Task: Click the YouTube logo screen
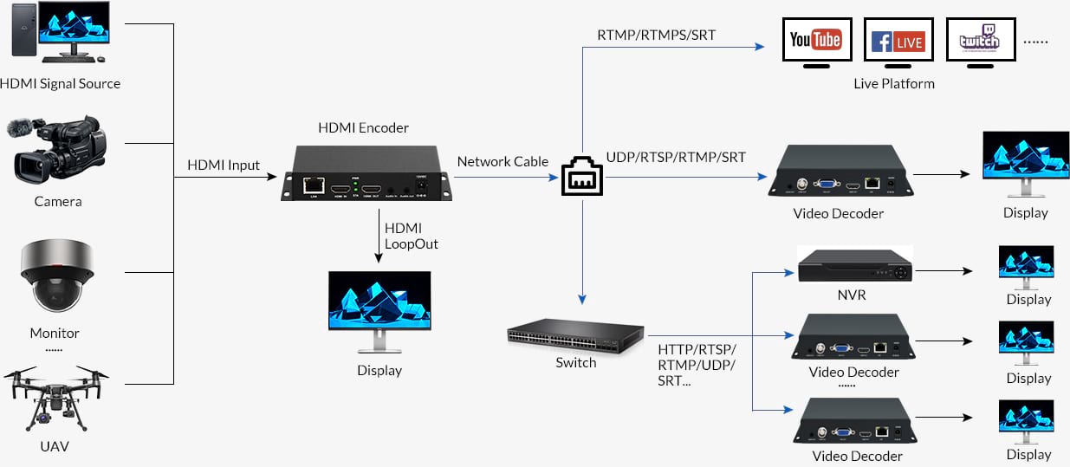tap(816, 40)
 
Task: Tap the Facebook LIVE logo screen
tap(898, 40)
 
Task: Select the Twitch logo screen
tap(979, 40)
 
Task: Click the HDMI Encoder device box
tap(364, 174)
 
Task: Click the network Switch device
tap(575, 333)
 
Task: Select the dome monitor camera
tap(56, 276)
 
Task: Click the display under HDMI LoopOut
tap(379, 308)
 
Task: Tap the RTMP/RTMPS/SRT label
tap(657, 36)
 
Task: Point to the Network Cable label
tap(503, 161)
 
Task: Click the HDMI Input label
tap(224, 165)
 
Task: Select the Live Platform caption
tap(894, 84)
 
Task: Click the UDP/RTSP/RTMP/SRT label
tap(676, 157)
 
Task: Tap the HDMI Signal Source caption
tap(60, 84)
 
